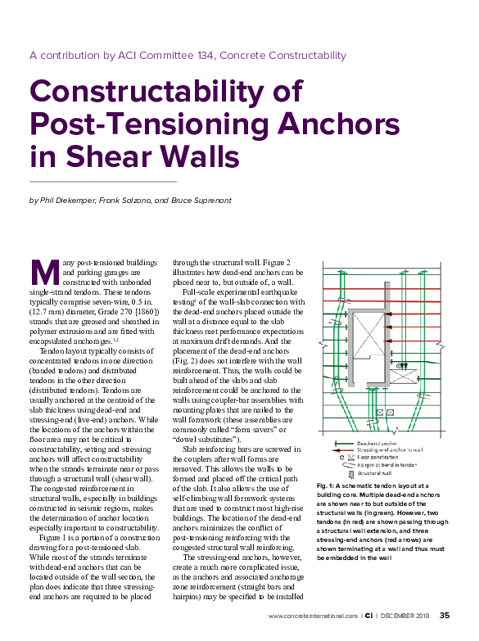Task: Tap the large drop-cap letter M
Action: pyautogui.click(x=41, y=271)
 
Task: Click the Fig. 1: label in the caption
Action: pyautogui.click(x=328, y=486)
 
